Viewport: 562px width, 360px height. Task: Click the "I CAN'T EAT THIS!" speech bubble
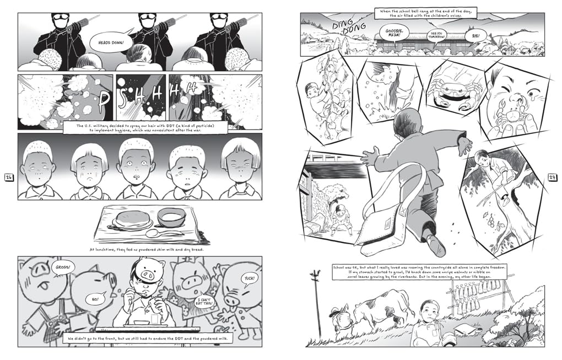203,302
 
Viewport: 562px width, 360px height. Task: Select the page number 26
9,177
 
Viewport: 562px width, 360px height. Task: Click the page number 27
553,177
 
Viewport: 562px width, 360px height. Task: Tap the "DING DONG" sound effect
349,28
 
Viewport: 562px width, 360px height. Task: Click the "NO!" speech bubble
95,299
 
